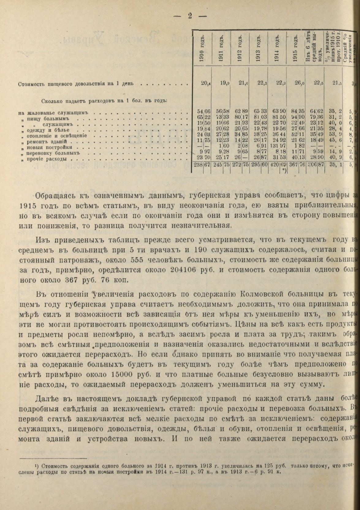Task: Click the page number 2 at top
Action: click(190, 16)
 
